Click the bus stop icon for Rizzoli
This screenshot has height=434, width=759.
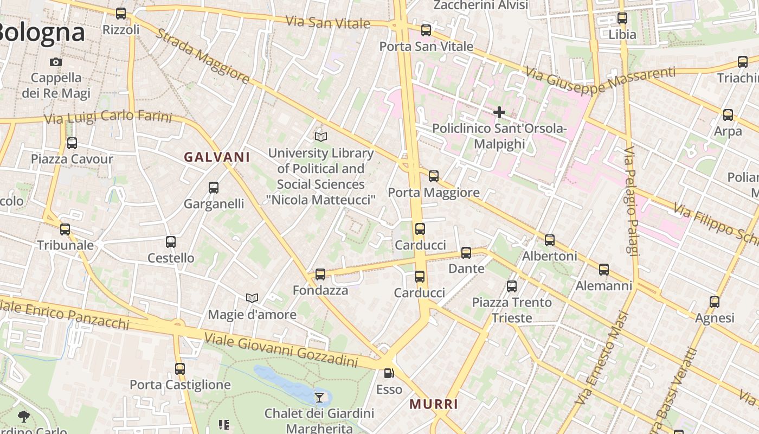tap(121, 14)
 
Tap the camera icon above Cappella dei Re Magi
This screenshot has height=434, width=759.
tap(56, 62)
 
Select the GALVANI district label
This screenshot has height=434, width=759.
tap(217, 157)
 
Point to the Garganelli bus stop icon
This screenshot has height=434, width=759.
tap(214, 188)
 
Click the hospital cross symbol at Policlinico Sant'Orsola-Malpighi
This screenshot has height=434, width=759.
tap(499, 112)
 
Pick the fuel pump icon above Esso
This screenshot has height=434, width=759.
tap(389, 373)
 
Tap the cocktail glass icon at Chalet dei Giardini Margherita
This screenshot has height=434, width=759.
tap(320, 397)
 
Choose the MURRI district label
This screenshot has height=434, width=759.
tap(434, 404)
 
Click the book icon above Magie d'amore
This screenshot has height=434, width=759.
tap(252, 298)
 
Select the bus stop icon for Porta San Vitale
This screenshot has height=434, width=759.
tap(426, 30)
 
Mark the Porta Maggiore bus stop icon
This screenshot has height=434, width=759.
tap(434, 176)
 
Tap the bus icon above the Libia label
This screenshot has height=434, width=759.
tap(622, 18)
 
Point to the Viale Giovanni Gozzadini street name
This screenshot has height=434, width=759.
tap(281, 350)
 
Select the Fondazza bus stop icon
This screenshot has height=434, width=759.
tap(320, 274)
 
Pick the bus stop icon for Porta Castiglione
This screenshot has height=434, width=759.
tap(180, 369)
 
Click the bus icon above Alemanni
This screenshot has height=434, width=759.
tap(604, 270)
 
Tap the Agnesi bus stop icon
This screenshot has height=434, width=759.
tap(715, 302)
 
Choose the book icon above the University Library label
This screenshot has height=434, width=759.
tap(321, 137)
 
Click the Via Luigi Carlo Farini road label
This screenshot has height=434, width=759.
tap(108, 117)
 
